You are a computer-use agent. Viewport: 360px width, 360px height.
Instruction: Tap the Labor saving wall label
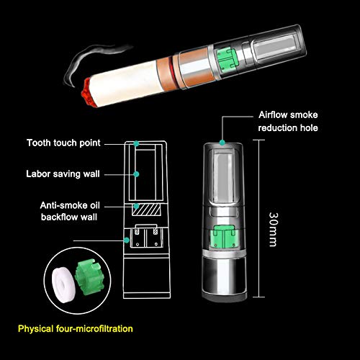(x=63, y=174)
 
